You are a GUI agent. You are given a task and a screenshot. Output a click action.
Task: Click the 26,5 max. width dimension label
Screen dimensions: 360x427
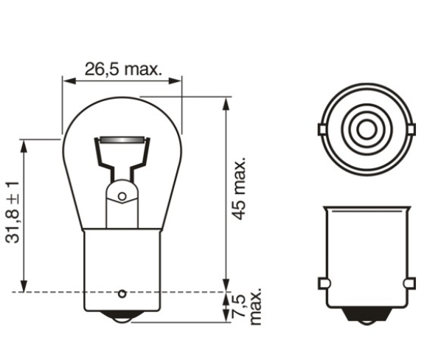(x=122, y=69)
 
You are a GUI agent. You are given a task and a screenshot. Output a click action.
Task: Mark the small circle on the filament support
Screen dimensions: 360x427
(x=122, y=197)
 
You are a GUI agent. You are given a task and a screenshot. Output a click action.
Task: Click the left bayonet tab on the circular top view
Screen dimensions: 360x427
(x=322, y=129)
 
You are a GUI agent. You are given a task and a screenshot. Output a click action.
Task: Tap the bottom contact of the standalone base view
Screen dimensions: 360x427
(x=367, y=321)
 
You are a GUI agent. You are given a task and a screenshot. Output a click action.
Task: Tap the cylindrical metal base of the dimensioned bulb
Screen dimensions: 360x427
(x=122, y=266)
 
